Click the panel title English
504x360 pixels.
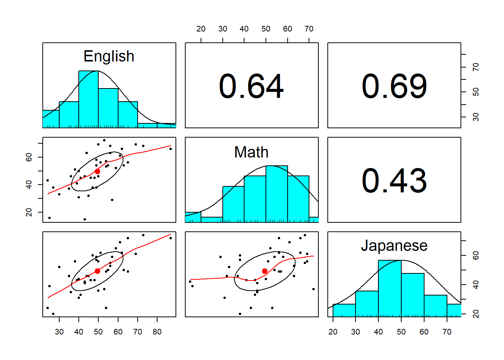[x=109, y=56]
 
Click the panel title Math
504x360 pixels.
[x=251, y=152]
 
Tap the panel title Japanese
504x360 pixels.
[x=394, y=246]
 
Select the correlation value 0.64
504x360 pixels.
[x=251, y=86]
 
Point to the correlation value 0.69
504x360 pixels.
[x=394, y=86]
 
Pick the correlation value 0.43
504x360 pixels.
[x=394, y=181]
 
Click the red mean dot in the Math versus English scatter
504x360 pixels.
[x=97, y=171]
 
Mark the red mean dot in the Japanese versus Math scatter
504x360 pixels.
[x=265, y=271]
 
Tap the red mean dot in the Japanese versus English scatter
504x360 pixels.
[x=97, y=271]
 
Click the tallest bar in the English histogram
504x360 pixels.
[x=88, y=99]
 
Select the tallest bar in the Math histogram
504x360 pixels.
[x=277, y=194]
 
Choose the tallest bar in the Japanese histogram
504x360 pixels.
[x=390, y=288]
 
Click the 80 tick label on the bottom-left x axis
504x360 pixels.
[x=157, y=332]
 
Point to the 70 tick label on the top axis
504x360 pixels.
[x=309, y=29]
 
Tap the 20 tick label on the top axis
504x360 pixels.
[x=201, y=29]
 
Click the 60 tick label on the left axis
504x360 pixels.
[x=29, y=157]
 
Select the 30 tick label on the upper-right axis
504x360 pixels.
[x=476, y=117]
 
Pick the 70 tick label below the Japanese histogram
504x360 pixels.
[x=447, y=332]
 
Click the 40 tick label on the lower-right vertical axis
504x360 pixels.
[x=476, y=285]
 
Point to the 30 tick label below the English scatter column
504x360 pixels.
[x=59, y=332]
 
